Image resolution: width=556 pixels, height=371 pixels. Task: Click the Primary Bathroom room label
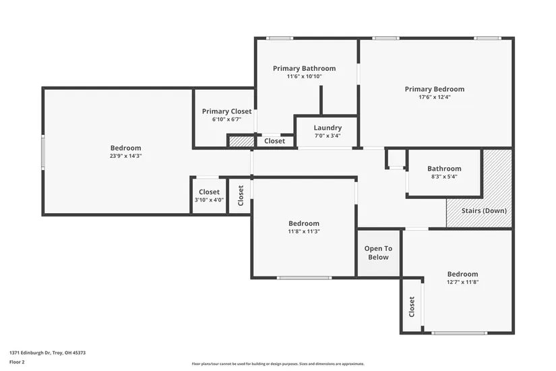click(304, 68)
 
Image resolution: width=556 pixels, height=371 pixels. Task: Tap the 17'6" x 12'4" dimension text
click(435, 97)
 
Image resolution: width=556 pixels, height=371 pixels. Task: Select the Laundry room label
click(328, 127)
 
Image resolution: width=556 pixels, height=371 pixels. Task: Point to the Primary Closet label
click(227, 111)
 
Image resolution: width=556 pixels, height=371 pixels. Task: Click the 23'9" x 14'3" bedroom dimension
click(125, 156)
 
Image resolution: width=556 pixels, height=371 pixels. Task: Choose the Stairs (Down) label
click(484, 210)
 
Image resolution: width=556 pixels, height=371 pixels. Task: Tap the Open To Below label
click(378, 253)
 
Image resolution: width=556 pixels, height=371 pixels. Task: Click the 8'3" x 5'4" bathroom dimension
click(444, 177)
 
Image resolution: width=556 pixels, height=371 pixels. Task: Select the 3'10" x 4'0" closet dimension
click(209, 200)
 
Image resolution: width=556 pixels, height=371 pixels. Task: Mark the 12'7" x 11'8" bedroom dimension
click(463, 282)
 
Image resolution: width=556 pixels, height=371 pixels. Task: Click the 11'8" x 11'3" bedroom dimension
click(304, 231)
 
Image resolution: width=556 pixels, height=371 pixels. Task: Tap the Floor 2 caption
click(17, 362)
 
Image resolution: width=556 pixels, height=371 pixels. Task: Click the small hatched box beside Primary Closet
click(241, 141)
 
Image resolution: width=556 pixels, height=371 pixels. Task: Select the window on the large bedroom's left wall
click(43, 152)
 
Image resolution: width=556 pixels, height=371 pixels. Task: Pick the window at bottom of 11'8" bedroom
click(304, 278)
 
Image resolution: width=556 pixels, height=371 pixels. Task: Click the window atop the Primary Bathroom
click(280, 38)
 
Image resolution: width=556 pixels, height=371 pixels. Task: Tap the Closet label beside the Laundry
click(274, 141)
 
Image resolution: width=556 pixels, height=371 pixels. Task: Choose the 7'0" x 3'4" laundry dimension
click(328, 136)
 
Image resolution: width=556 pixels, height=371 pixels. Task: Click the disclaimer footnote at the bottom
click(278, 364)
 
